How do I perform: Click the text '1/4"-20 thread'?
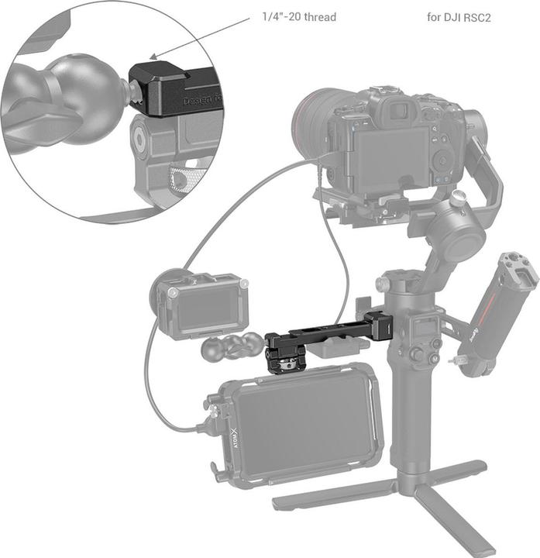(299, 16)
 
